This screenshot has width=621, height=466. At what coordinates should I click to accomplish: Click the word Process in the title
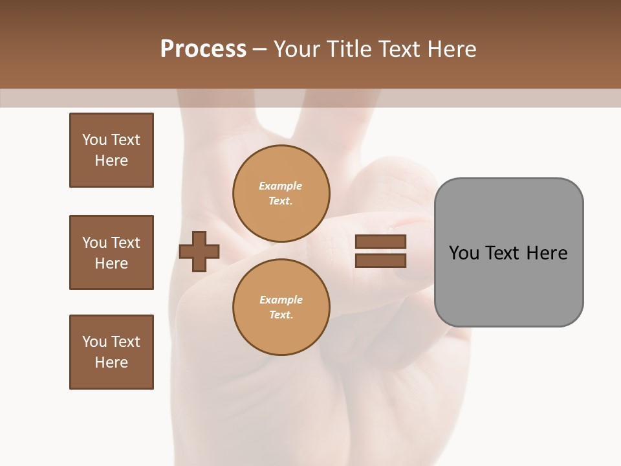point(203,49)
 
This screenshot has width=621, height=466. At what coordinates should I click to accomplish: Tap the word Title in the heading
point(351,49)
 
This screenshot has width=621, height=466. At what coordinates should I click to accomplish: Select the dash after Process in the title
point(259,50)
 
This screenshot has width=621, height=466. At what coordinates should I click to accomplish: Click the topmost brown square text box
point(111,150)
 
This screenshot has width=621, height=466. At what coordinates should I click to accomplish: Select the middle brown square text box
point(111,252)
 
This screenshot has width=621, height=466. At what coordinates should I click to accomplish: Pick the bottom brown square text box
point(111,352)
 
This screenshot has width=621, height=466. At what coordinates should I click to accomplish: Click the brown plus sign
point(199,251)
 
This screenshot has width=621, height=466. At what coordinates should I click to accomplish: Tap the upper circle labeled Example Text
point(281,194)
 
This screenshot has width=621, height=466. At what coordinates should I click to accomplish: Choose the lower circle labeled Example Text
point(281,307)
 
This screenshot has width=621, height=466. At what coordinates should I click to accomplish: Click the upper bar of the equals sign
point(380,242)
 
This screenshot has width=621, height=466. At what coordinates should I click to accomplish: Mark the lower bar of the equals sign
point(380,261)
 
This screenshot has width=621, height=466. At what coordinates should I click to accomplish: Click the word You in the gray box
point(464,253)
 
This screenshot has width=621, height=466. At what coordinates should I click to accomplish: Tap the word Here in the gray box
point(547,253)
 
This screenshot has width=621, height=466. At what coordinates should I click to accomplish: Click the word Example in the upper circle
point(281,186)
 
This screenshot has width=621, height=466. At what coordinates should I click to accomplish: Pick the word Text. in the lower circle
point(281,315)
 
